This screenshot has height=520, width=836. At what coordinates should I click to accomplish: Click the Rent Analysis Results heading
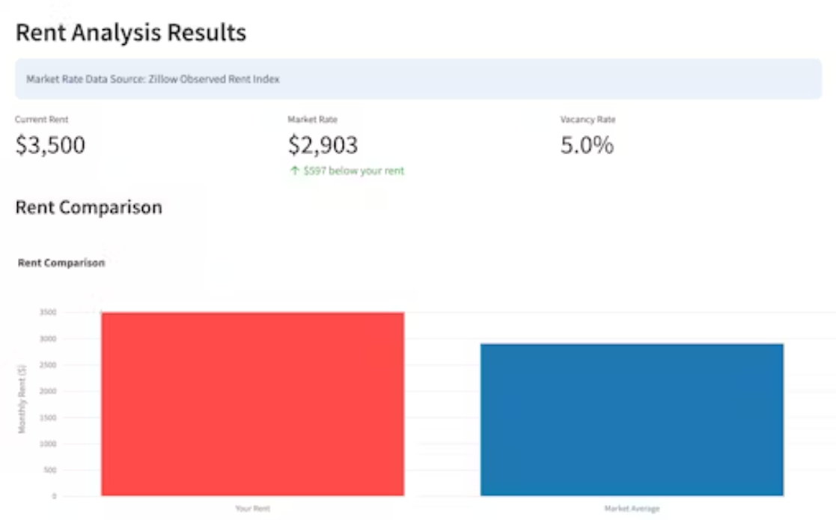pos(131,34)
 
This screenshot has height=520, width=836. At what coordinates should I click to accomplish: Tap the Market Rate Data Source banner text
pos(153,79)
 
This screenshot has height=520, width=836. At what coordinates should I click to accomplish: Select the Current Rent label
pos(41,120)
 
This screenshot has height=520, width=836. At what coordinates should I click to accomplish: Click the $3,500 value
pos(50,145)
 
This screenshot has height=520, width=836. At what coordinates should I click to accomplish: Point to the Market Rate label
pos(312,120)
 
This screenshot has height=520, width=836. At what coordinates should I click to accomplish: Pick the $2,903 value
pos(323,145)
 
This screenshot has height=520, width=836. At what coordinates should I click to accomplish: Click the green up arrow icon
pos(294,171)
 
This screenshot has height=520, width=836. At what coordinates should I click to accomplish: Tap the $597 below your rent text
pos(353,171)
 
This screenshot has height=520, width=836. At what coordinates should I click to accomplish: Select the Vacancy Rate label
pos(588,120)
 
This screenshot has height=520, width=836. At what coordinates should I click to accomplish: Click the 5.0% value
pos(587,145)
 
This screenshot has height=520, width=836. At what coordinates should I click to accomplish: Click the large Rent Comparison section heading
pos(88,207)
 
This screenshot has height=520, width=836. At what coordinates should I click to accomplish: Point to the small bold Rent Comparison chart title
pos(61,263)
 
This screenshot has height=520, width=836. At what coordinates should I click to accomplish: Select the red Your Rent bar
pos(252,404)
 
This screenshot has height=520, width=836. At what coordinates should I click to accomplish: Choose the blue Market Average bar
pos(632,420)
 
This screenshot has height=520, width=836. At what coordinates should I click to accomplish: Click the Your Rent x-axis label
pos(252,509)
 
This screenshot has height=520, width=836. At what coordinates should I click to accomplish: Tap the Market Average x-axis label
pos(632,509)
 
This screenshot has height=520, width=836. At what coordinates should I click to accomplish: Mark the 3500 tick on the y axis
pos(48,313)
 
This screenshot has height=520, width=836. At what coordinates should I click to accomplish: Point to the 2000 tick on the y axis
pos(48,391)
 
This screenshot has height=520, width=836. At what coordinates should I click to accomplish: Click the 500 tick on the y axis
pos(50,470)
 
